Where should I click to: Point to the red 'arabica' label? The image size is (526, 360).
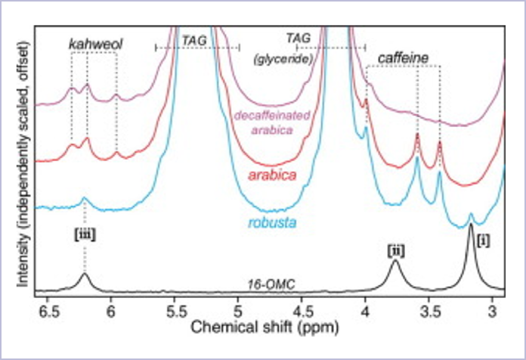[271, 175]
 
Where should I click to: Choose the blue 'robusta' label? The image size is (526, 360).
[271, 222]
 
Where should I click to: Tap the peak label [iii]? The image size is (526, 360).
[84, 234]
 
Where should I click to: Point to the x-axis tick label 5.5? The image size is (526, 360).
[176, 310]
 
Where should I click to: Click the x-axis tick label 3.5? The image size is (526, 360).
[429, 310]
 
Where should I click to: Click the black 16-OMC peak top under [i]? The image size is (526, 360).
[471, 225]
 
